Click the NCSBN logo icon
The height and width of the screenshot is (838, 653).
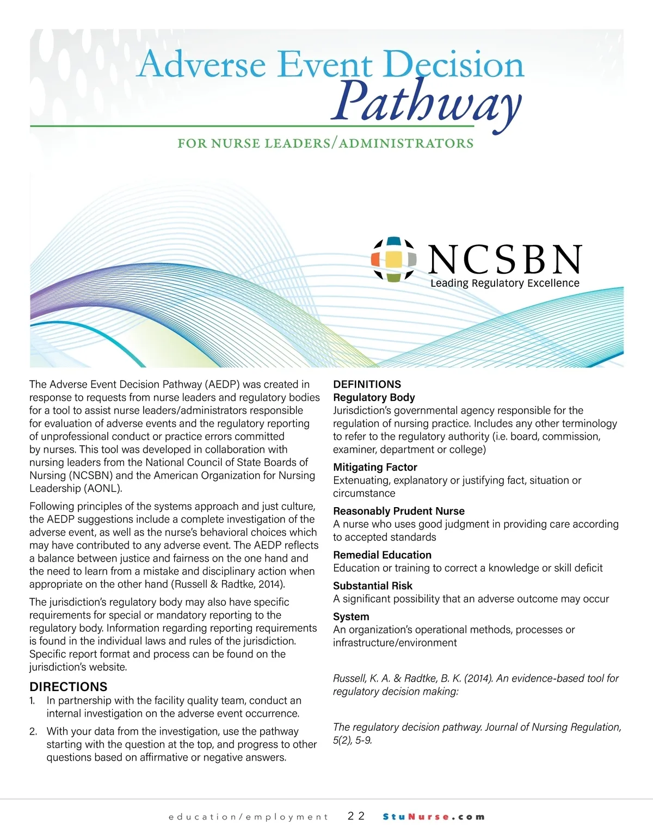[x=394, y=259]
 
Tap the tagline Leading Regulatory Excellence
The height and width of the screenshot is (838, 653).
[x=504, y=284]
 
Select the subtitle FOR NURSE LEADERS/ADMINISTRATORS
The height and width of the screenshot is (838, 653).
[x=325, y=144]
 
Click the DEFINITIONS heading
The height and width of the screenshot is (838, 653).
[x=367, y=384]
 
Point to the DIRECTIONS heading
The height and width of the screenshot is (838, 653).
[x=69, y=687]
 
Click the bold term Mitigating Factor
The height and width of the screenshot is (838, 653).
[x=375, y=467]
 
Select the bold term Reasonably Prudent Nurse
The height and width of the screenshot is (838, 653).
[x=399, y=511]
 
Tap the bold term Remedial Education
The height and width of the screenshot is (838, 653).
[x=382, y=555]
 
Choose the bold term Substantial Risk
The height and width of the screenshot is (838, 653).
[x=373, y=586]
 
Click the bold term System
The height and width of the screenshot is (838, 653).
[x=351, y=617]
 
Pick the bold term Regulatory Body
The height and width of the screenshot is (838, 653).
[x=374, y=398]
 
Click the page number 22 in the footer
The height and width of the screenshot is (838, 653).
[x=356, y=816]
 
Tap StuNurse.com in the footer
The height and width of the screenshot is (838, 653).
[x=434, y=817]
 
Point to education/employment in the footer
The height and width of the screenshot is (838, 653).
[x=249, y=817]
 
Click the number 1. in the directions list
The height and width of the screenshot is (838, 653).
[x=33, y=701]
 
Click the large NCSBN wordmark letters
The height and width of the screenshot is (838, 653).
[x=505, y=260]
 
